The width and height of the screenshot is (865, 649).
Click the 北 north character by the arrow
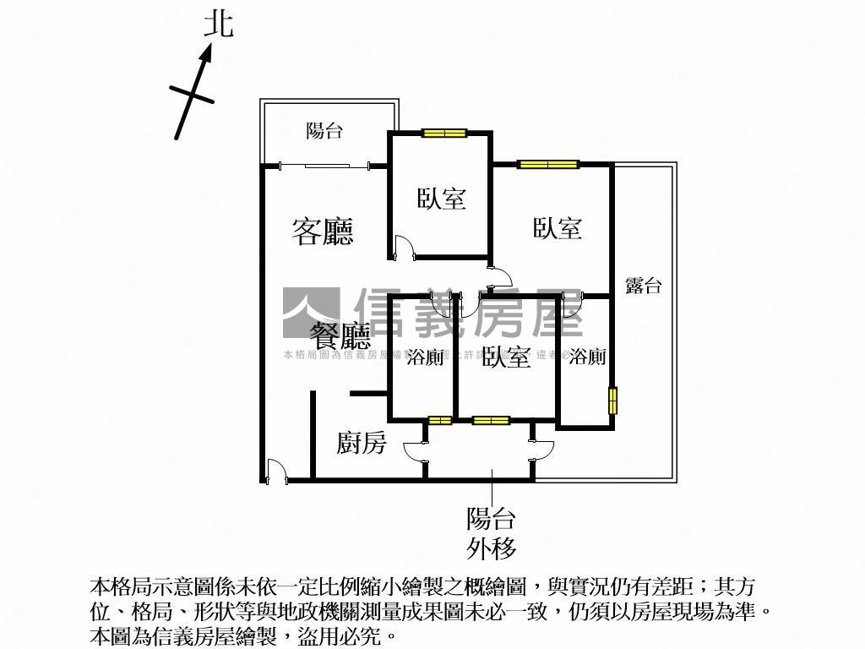219,25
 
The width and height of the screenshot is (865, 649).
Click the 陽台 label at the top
324,130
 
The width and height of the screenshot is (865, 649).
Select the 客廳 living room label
323,231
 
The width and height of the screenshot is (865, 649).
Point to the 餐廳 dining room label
340,336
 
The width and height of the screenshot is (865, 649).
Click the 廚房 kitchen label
362,442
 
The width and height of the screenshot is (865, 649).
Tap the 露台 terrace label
643,286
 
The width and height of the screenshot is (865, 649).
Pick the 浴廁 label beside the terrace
587,357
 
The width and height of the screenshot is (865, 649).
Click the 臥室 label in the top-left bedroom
442,199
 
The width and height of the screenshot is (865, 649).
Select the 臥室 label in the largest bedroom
558,227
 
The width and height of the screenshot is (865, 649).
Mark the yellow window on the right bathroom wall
613,401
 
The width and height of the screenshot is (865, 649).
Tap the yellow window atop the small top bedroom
444,133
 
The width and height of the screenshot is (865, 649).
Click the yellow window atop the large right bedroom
548,164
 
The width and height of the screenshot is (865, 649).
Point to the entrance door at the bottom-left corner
275,471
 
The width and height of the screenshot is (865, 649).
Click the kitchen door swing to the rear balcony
416,452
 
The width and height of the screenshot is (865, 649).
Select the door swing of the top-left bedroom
404,248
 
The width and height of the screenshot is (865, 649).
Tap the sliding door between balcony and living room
325,165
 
